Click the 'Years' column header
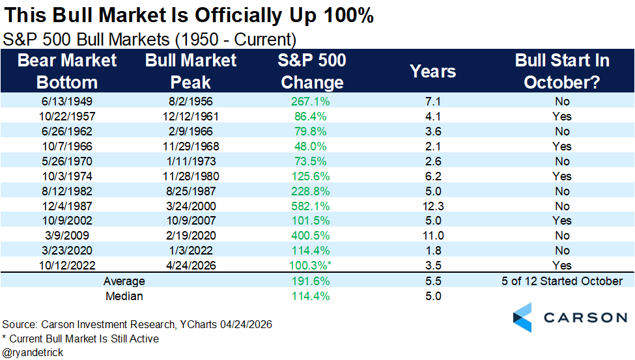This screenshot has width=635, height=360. (432, 71)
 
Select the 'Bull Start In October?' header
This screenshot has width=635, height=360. (562, 71)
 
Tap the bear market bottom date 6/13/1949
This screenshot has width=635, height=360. (67, 102)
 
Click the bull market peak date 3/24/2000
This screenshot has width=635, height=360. (191, 206)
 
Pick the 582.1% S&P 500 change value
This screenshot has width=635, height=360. (310, 206)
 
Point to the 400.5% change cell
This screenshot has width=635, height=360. (310, 235)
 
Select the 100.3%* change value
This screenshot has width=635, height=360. (310, 265)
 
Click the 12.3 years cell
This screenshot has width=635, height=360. (433, 206)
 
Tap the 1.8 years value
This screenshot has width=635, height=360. (433, 250)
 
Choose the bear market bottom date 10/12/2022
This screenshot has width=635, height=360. (67, 265)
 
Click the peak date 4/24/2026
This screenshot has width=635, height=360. (191, 265)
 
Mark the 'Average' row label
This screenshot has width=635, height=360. (124, 281)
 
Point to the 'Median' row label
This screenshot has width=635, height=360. (124, 296)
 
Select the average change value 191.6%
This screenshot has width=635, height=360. (310, 281)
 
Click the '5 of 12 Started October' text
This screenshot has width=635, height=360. (562, 281)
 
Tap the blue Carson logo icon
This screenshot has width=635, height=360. (522, 318)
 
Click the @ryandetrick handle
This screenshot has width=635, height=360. (33, 353)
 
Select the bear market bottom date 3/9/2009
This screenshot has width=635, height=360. (67, 235)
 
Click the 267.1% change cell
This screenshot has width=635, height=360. (310, 102)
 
